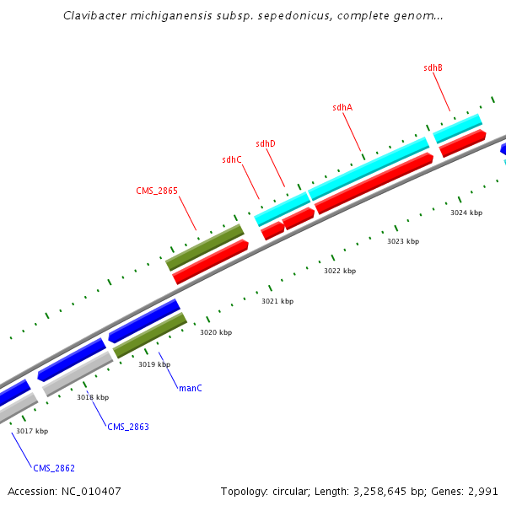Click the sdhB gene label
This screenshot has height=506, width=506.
point(433,67)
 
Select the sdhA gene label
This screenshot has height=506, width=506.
point(342,107)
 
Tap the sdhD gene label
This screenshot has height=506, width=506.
point(266,143)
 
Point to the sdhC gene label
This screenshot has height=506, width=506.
point(232,159)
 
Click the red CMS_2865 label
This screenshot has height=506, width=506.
point(157,191)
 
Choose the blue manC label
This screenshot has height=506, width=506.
point(191,388)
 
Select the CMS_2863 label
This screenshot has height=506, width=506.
point(128,427)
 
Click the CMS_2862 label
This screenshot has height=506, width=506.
point(54,467)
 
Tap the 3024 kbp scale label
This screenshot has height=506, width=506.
point(466,213)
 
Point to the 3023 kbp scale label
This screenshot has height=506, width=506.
point(403,241)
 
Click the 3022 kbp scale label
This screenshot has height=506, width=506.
point(340,271)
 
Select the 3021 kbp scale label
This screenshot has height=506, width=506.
point(277,301)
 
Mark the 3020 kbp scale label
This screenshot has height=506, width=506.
point(215,332)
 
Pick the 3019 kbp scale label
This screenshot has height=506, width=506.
point(154,364)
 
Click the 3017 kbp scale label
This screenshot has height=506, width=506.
point(32,431)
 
